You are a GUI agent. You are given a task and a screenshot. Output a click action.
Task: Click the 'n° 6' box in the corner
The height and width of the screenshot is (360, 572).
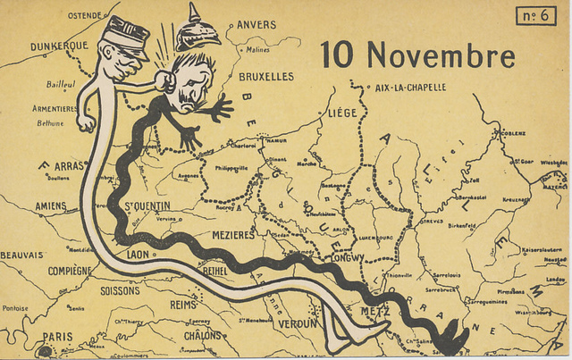tap(535, 15)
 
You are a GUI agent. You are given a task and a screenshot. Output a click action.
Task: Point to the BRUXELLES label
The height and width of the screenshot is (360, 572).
tap(266, 77)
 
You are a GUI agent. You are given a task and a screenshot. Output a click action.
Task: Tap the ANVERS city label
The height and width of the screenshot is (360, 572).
tap(251, 25)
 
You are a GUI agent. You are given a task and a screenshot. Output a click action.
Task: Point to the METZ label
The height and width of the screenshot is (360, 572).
tap(375, 311)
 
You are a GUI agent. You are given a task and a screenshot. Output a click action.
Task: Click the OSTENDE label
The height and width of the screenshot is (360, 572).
tap(85, 15)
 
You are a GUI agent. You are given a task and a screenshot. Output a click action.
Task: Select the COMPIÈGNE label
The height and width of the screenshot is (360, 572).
tap(70, 270)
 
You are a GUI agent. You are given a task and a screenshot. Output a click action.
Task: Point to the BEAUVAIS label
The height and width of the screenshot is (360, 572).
tap(21, 255)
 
